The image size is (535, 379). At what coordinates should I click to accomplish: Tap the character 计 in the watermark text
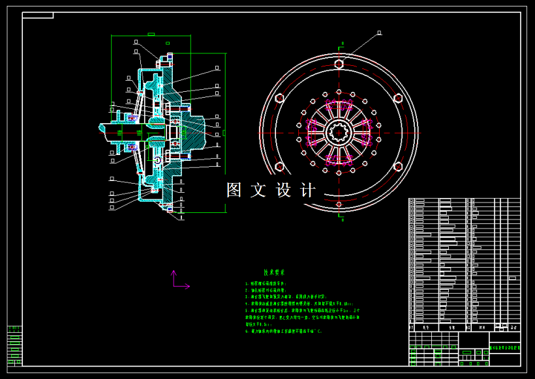tap(308, 190)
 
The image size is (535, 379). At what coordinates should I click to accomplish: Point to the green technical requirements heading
tap(274, 274)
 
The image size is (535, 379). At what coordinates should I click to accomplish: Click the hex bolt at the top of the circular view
tap(339, 64)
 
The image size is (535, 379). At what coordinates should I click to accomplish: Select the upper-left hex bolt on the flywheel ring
tap(279, 98)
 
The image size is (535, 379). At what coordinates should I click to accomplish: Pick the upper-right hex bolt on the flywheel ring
tap(398, 98)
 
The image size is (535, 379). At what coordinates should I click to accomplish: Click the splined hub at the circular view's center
tap(339, 133)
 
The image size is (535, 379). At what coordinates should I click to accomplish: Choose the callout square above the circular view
tap(379, 31)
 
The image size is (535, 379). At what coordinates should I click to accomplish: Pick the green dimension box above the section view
tap(151, 34)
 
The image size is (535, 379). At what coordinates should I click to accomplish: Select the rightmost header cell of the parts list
tap(514, 328)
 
